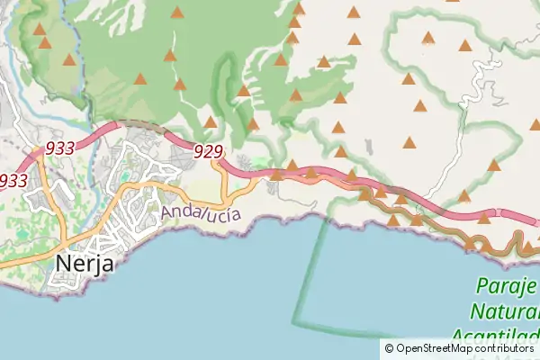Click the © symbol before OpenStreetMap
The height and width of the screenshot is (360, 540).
389,348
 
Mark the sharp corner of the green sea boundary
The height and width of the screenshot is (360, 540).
292,322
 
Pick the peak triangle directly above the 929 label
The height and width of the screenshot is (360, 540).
211,121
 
